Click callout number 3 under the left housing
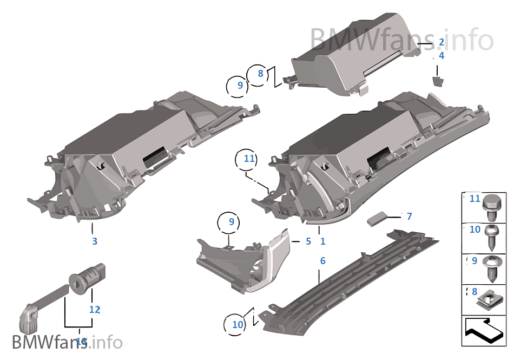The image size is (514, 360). point(95,241)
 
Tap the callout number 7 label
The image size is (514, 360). point(409,217)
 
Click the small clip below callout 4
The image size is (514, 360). point(437,81)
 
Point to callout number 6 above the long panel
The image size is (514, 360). point(323,261)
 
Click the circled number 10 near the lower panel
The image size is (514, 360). point(238,325)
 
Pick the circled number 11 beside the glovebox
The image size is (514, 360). point(249,159)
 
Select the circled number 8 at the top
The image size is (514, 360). point(260,74)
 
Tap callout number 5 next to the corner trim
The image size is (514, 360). point(308,241)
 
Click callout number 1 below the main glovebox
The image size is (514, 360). point(322,241)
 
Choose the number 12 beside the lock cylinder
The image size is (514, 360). point(95,310)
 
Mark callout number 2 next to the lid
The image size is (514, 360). point(441,42)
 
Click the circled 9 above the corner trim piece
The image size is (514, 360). point(231,221)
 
